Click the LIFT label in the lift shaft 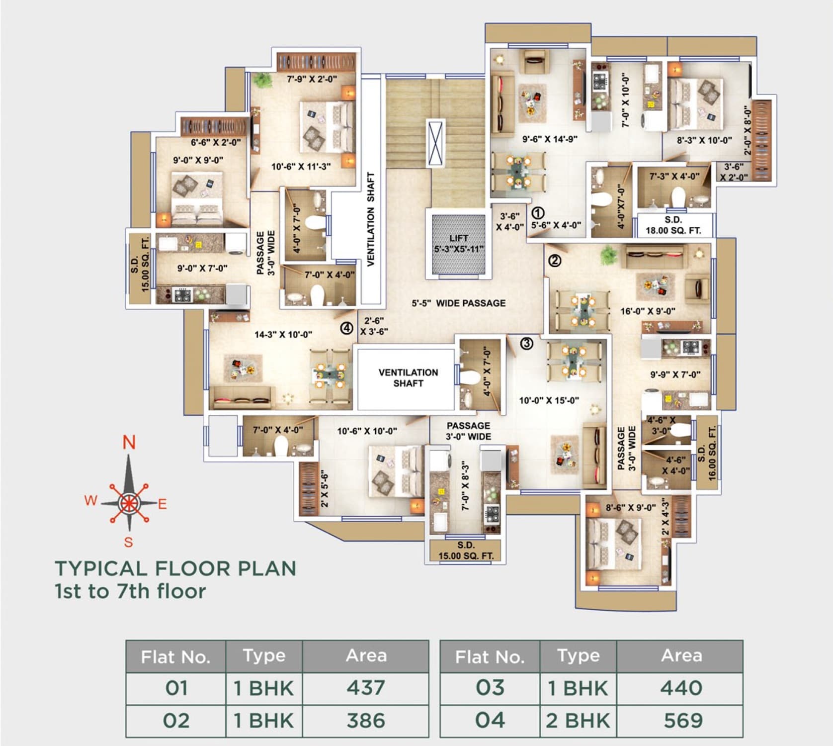[458, 238]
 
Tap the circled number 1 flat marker [538, 213]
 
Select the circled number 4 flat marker [346, 328]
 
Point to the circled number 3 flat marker [527, 343]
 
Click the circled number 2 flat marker [555, 260]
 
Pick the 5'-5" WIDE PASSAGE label [458, 303]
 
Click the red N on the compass [129, 442]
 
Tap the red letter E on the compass [163, 504]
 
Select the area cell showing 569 [683, 720]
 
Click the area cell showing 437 [366, 688]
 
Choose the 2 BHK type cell [578, 720]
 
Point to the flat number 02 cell [176, 721]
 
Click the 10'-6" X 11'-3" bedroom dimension [301, 167]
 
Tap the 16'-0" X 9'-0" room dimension [648, 311]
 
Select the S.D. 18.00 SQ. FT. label [673, 225]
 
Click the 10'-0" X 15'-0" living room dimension [549, 400]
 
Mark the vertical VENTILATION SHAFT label [371, 219]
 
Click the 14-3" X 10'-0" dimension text [283, 335]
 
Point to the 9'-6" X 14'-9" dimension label [550, 139]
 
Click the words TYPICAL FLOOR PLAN [175, 568]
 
